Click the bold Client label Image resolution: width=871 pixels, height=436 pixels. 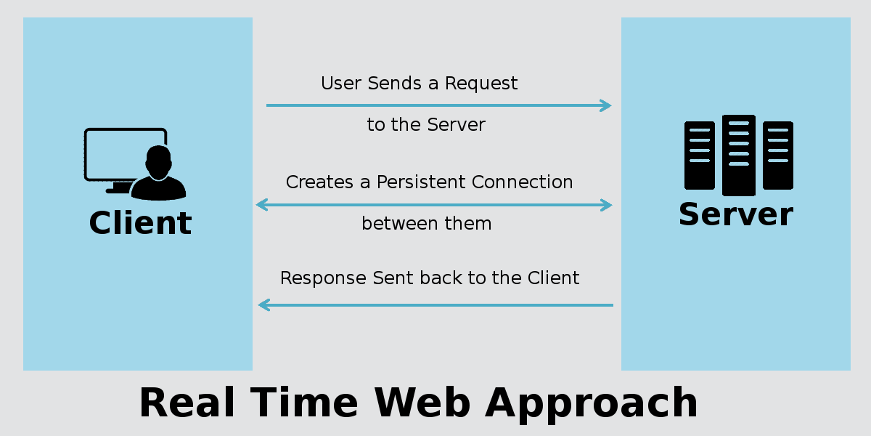[140, 222]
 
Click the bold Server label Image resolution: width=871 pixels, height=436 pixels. [736, 214]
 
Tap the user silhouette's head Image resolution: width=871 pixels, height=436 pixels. [158, 162]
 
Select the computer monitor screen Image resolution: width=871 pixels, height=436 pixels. [125, 154]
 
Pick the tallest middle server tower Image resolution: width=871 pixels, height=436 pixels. [739, 155]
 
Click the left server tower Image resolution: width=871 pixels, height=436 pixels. [700, 156]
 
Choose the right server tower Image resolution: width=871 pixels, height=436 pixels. [778, 156]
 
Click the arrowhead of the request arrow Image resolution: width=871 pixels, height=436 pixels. [606, 105]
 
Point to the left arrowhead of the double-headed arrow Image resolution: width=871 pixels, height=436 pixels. [262, 205]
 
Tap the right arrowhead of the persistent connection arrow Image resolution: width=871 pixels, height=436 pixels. [606, 205]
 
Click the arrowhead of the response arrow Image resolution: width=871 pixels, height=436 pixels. [264, 305]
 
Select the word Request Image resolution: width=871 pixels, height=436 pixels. [481, 84]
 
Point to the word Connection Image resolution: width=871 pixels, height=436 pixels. [523, 182]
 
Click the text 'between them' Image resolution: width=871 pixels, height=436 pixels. [427, 224]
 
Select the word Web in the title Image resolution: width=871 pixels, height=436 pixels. [422, 403]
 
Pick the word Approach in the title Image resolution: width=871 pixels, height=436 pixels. [592, 405]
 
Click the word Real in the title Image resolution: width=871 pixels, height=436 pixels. [187, 403]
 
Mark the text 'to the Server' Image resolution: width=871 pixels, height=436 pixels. [426, 124]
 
